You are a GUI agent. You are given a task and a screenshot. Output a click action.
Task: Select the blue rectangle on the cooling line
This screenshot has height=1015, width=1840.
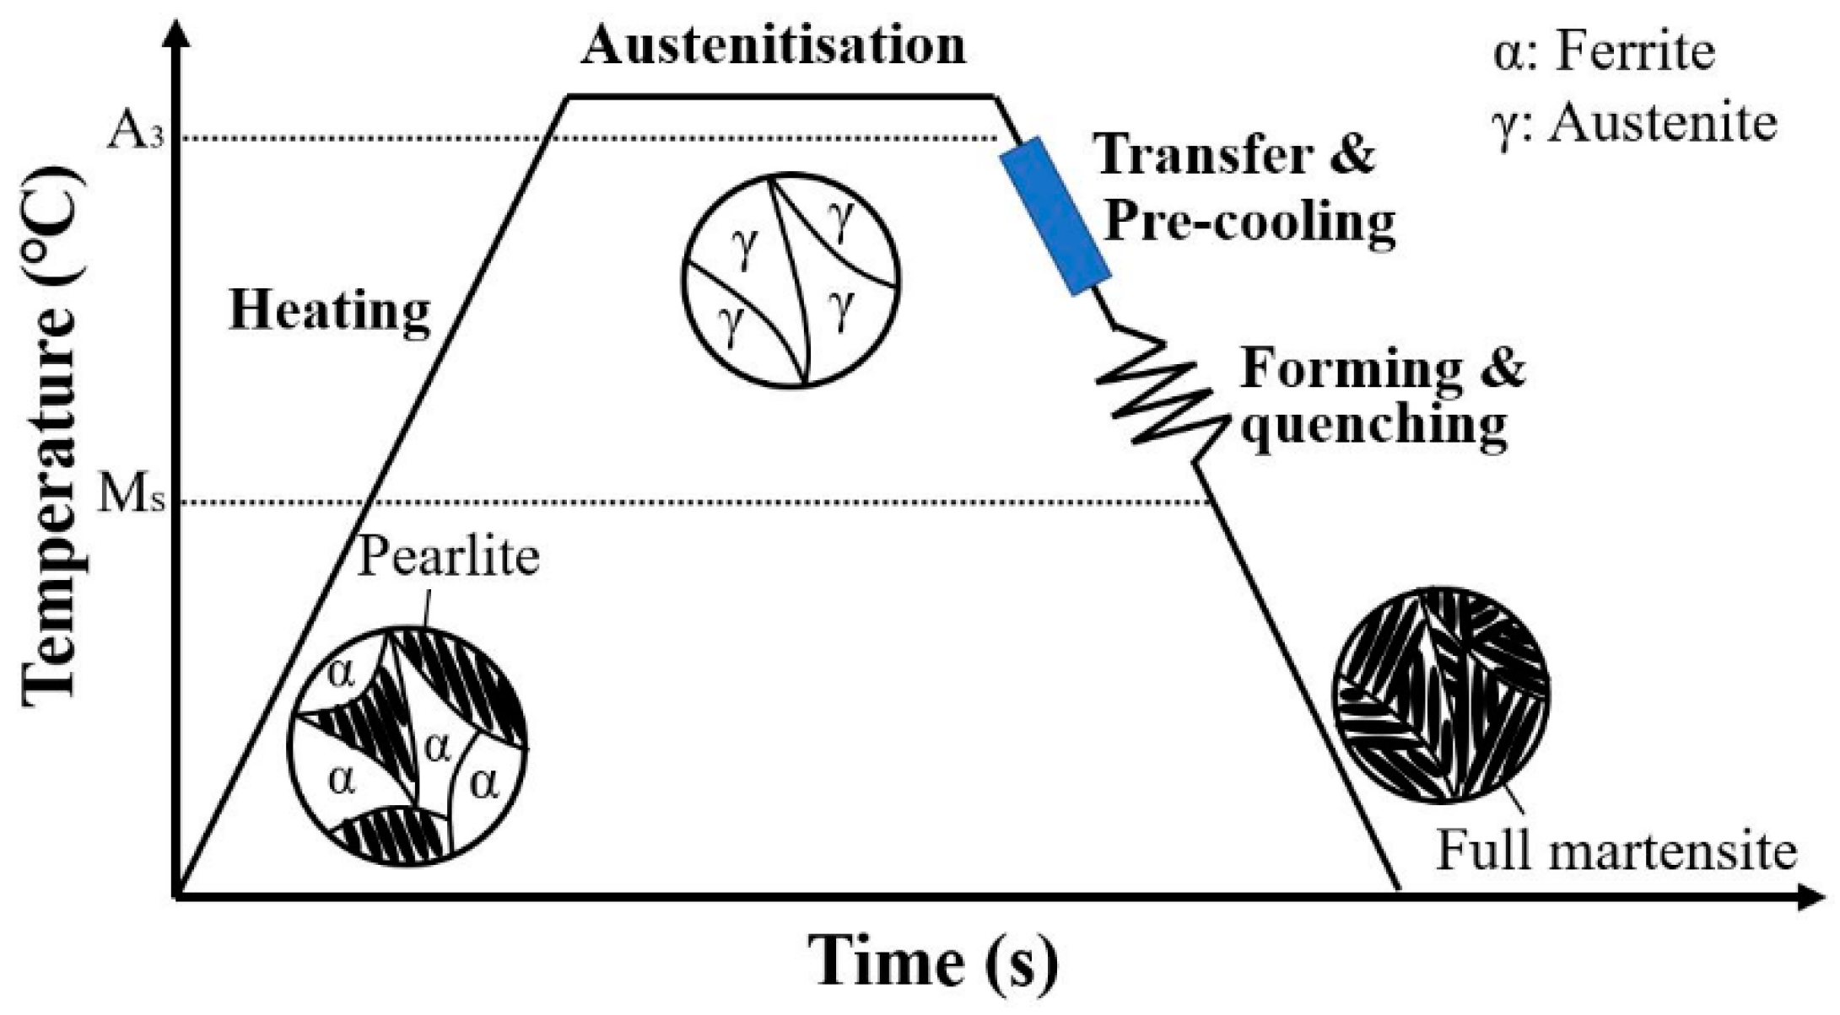click(x=1055, y=217)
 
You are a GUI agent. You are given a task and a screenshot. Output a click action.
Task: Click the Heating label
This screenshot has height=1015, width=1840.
click(x=330, y=311)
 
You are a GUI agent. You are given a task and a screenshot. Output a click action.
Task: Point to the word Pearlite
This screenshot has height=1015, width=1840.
click(x=448, y=557)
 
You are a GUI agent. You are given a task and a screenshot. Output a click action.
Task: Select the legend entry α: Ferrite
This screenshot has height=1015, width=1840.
click(x=1604, y=52)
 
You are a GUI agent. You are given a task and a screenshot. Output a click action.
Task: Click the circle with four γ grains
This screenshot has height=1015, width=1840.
click(x=790, y=281)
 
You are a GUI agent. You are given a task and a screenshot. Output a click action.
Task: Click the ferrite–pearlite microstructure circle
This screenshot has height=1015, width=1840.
click(x=407, y=746)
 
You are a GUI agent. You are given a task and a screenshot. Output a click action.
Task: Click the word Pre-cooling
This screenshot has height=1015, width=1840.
click(x=1249, y=223)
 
